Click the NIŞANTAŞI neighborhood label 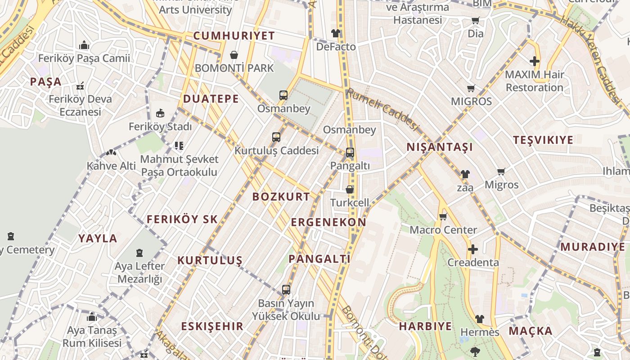[440, 147]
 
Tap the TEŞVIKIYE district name [543, 140]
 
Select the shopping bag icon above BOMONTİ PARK [234, 55]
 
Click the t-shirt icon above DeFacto [336, 33]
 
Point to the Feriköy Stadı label [160, 127]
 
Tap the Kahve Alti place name [111, 166]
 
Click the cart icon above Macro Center [443, 217]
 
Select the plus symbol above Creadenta [472, 249]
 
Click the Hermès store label [480, 332]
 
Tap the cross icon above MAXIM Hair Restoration [534, 61]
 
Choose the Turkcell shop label [350, 202]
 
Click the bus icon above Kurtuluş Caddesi [276, 137]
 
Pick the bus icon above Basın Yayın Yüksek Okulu [286, 290]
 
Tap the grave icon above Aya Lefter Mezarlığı [139, 253]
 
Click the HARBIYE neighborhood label [425, 326]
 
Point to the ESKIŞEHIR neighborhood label [212, 326]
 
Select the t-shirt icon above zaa [465, 174]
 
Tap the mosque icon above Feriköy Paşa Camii [84, 45]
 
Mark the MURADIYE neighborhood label [593, 247]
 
